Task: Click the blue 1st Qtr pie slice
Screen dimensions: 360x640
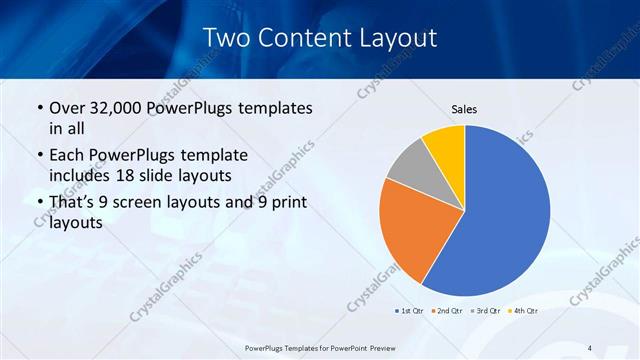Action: coord(500,215)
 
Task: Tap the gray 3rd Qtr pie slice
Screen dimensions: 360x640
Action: coord(410,167)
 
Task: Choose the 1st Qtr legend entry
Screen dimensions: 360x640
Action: coord(411,311)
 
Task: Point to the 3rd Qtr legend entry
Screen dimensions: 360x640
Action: coord(487,311)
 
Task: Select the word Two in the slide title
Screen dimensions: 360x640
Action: coord(228,39)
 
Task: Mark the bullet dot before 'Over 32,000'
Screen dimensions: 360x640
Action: coord(39,108)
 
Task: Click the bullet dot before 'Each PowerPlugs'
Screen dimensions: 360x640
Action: coord(39,156)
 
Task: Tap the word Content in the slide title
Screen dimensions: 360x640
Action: coord(305,39)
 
